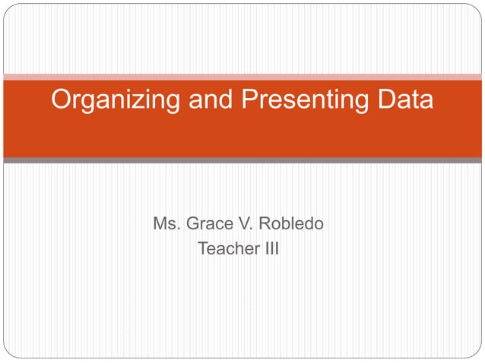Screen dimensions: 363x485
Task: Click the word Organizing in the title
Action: (x=106, y=99)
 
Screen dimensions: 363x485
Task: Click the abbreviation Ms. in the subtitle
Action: (x=166, y=225)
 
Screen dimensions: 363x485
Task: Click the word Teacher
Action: (x=225, y=248)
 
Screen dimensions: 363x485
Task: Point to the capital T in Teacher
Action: (x=202, y=248)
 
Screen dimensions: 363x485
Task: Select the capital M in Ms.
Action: (x=160, y=225)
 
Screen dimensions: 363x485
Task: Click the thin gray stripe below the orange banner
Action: (x=242, y=160)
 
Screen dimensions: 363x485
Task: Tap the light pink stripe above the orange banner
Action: (x=242, y=77)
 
